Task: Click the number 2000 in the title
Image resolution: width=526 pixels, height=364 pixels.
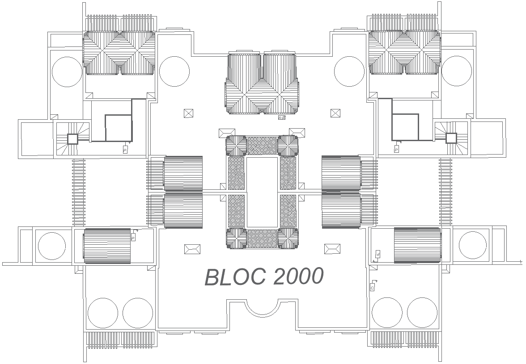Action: click(297, 276)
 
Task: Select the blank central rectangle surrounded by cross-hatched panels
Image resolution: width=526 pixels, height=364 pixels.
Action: click(263, 192)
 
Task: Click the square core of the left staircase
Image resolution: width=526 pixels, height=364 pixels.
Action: click(72, 139)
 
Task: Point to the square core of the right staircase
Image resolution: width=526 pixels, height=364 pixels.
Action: click(451, 138)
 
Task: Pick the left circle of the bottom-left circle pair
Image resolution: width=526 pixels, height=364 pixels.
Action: click(103, 312)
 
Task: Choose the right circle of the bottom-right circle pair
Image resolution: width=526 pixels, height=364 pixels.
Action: click(422, 312)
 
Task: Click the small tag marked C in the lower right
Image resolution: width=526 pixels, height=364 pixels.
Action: click(373, 288)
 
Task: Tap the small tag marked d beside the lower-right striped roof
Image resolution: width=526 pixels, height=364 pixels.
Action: click(378, 255)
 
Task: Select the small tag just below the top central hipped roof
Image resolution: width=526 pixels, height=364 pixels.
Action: click(281, 118)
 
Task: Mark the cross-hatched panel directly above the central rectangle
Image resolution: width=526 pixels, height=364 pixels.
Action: click(263, 146)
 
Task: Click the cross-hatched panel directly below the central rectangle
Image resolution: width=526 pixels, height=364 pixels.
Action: click(263, 239)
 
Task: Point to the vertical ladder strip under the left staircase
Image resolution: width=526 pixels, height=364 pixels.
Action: click(79, 192)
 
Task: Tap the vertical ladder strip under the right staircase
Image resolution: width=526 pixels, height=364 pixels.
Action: click(445, 192)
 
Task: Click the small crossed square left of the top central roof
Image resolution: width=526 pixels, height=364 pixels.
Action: click(189, 113)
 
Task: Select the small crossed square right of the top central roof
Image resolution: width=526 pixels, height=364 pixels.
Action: click(335, 113)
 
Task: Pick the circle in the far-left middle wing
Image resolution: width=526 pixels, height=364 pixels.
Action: click(52, 246)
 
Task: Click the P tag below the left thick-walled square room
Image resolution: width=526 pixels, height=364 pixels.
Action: click(126, 149)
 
